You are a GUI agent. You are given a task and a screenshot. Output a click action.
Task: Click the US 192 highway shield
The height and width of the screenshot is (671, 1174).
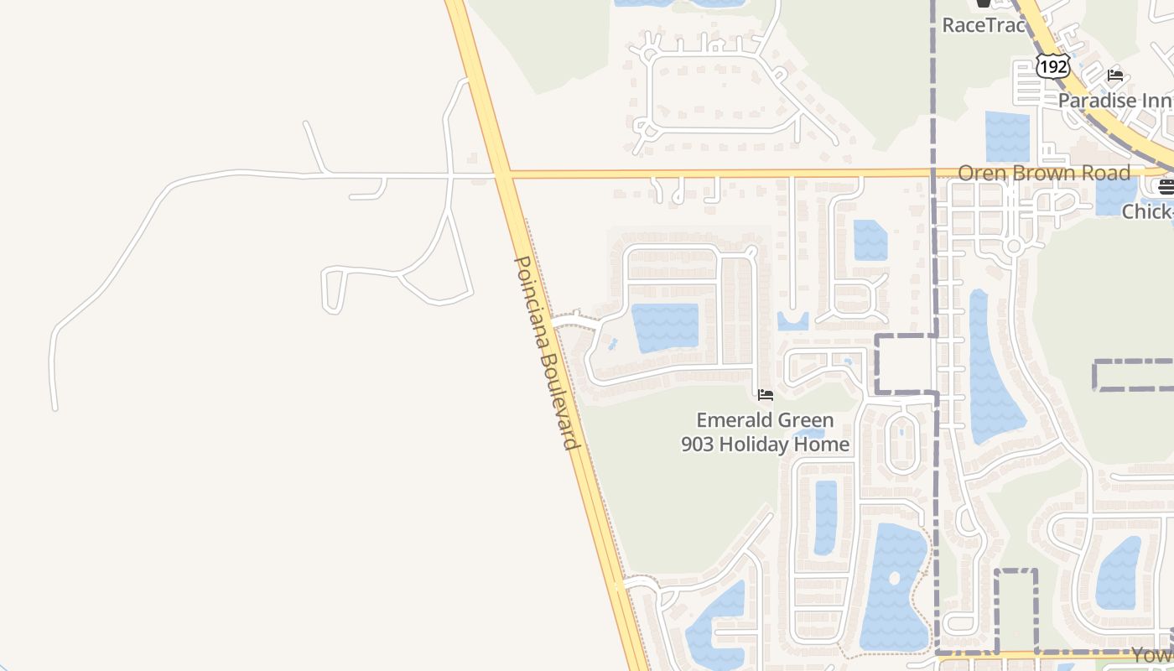(1052, 65)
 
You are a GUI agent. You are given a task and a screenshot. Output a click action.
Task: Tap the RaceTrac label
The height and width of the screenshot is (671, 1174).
(984, 25)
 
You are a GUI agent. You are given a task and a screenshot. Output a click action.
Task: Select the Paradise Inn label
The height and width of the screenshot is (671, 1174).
(1114, 101)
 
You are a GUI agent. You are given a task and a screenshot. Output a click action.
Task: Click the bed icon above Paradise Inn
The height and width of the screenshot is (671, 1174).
(1115, 75)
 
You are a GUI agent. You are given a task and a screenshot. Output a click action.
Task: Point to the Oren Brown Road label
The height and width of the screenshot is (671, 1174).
(1044, 173)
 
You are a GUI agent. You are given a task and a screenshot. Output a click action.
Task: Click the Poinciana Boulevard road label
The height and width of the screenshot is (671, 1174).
(547, 352)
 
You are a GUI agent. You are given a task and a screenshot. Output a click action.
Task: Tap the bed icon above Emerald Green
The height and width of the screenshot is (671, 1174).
(765, 394)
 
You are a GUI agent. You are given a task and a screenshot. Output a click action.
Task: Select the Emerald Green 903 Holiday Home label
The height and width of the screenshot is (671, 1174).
(765, 432)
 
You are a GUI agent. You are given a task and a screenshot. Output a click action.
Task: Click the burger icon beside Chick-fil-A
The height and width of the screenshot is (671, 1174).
(1165, 186)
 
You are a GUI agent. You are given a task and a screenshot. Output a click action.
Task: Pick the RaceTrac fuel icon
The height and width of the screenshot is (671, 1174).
(984, 5)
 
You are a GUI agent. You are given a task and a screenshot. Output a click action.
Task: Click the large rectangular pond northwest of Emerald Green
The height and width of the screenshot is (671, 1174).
(664, 327)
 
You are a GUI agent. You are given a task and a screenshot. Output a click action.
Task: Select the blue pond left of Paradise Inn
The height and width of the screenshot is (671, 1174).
(1007, 136)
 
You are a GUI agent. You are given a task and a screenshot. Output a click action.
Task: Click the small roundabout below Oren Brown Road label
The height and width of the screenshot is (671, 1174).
(1013, 246)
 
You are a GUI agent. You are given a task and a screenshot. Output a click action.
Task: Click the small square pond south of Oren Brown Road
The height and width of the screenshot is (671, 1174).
(870, 240)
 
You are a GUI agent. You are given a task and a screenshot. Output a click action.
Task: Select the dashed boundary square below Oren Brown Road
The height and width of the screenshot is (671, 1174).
(906, 364)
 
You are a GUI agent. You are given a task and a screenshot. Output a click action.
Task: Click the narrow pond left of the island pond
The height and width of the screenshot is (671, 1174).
(825, 516)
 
